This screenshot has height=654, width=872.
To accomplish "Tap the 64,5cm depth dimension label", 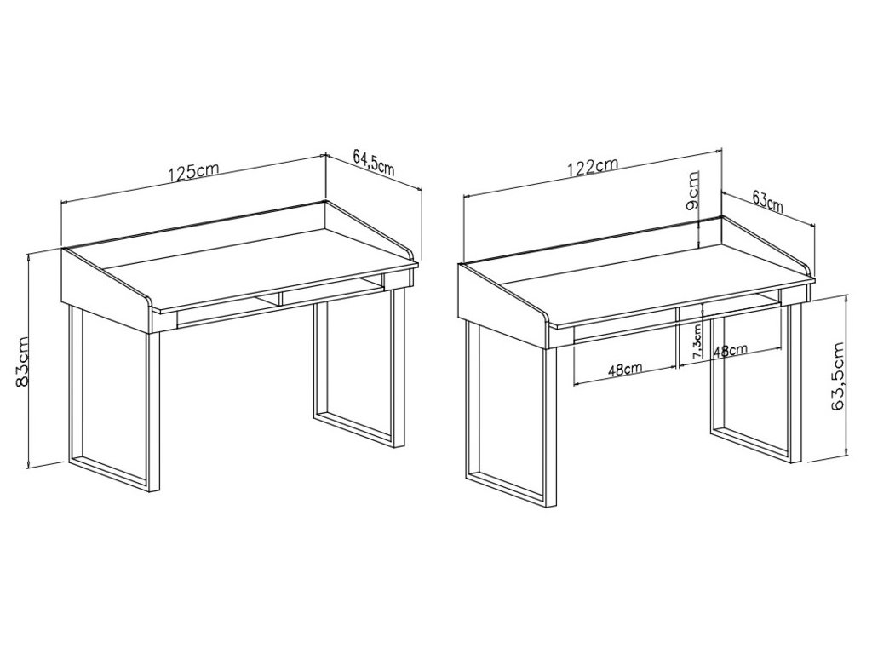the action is point(374,163).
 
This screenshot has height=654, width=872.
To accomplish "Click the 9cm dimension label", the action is point(693,191).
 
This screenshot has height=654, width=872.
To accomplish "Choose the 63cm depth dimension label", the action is point(767,201).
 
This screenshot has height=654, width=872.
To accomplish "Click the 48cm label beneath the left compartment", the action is point(625,370).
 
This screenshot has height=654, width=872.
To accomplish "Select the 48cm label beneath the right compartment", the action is point(730,351).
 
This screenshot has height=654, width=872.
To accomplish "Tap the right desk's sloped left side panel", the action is point(503,304).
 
